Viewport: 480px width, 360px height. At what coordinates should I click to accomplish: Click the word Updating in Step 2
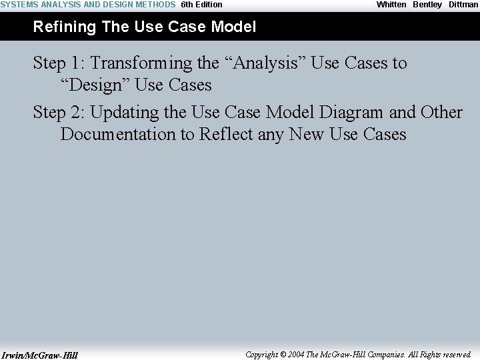[x=125, y=112]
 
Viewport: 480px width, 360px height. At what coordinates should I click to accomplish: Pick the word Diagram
[x=344, y=112]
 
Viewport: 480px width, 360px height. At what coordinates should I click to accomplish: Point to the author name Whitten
[x=391, y=5]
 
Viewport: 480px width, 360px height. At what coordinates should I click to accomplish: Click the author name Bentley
[x=427, y=5]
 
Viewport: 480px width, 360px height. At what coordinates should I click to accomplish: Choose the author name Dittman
[x=463, y=5]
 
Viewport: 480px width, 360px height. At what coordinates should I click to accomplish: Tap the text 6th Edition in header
[x=201, y=5]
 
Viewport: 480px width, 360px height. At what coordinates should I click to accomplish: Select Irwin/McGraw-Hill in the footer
[x=39, y=355]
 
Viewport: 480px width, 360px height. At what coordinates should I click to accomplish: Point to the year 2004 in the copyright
[x=296, y=355]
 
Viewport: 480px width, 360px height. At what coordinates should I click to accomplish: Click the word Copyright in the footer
[x=262, y=355]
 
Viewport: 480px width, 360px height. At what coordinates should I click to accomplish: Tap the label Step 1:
[x=59, y=63]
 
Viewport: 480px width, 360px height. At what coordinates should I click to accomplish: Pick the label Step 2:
[x=59, y=112]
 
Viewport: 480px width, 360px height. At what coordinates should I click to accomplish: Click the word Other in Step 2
[x=441, y=112]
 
